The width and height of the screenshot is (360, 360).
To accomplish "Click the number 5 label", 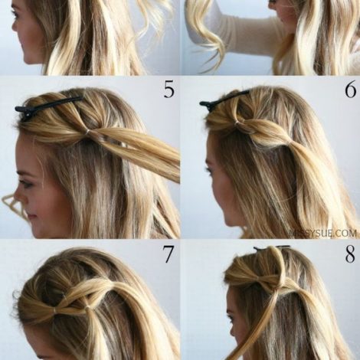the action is point(169,89).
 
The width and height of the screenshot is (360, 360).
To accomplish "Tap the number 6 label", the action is point(350,89).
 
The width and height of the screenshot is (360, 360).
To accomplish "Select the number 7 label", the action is point(169,254).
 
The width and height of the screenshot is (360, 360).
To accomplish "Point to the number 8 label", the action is point(350,254).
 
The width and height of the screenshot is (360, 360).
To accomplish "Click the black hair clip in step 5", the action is point(48,105).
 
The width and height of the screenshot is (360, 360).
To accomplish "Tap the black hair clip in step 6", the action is point(224,100).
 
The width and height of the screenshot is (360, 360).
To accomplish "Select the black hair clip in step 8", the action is point(272,247).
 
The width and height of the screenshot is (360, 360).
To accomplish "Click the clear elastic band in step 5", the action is point(88,132).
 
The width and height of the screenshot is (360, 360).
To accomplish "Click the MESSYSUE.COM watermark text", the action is point(324,233).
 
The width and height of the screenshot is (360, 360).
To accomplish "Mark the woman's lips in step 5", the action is point(31,218).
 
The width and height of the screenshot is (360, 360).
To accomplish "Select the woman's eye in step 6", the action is point(208,169).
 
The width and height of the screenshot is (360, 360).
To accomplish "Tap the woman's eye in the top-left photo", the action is point(16,14).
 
